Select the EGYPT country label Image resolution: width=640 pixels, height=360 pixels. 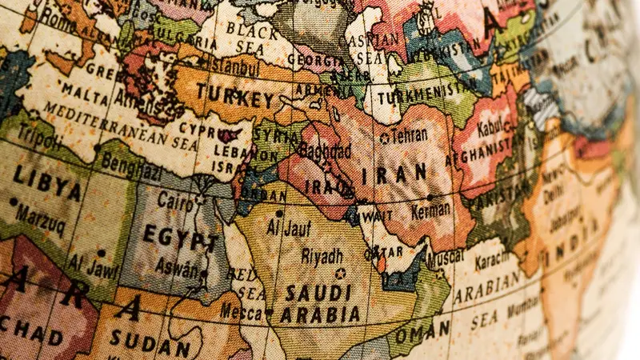(180, 239)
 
